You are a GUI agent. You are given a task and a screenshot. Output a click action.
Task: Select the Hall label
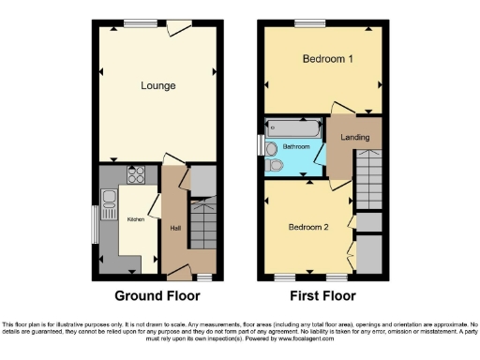click(x=175, y=227)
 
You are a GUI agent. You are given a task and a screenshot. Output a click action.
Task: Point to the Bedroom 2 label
click(x=308, y=228)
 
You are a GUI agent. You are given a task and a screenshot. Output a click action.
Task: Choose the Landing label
click(x=354, y=137)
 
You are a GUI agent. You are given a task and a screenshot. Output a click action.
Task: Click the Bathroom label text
click(x=298, y=147)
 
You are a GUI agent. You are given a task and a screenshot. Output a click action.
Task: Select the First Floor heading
click(x=322, y=296)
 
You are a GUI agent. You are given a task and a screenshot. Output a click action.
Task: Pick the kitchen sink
click(x=109, y=198)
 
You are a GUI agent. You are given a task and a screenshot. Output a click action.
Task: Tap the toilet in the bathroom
click(x=276, y=164)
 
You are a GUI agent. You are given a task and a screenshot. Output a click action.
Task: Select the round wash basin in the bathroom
click(x=271, y=147)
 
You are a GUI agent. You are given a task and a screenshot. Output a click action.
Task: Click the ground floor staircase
click(x=203, y=225)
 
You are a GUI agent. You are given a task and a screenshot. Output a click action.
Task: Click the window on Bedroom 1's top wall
click(x=307, y=22)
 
